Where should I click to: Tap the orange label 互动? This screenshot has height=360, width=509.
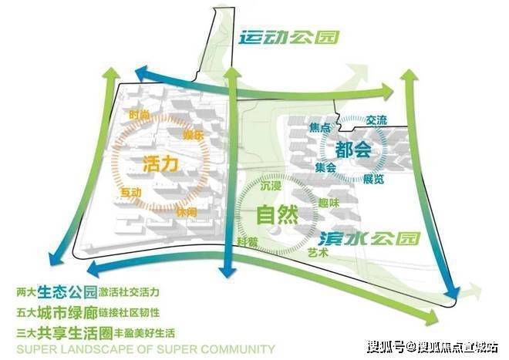click(130, 190)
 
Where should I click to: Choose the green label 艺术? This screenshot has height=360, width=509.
click(318, 252)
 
